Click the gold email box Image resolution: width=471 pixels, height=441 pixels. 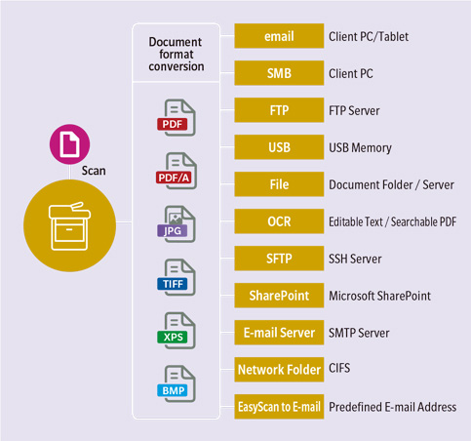pyautogui.click(x=279, y=36)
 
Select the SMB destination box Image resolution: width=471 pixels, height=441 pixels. pyautogui.click(x=279, y=73)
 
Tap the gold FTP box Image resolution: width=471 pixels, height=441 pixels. pyautogui.click(x=279, y=110)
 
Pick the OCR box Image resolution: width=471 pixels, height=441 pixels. pyautogui.click(x=279, y=221)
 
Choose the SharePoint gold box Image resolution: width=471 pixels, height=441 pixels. pyautogui.click(x=279, y=296)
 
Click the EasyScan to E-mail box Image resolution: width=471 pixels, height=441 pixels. pyautogui.click(x=279, y=407)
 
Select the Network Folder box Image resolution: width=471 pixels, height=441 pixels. pyautogui.click(x=279, y=370)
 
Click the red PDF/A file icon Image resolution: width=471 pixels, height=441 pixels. pyautogui.click(x=177, y=171)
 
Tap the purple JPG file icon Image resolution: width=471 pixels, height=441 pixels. pyautogui.click(x=177, y=224)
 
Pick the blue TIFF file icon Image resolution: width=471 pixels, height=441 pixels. pyautogui.click(x=177, y=277)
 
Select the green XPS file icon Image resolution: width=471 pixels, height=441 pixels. pyautogui.click(x=177, y=331)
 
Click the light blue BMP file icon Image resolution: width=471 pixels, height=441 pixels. pyautogui.click(x=177, y=384)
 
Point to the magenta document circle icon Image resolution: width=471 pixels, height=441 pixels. pyautogui.click(x=69, y=144)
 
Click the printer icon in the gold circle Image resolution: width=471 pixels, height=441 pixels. pyautogui.click(x=69, y=226)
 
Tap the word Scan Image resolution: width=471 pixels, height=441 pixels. pyautogui.click(x=94, y=171)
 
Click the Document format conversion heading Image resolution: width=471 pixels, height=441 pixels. pyautogui.click(x=177, y=54)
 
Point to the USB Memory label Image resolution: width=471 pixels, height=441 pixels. pyautogui.click(x=360, y=148)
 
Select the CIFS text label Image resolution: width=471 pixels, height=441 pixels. pyautogui.click(x=339, y=368)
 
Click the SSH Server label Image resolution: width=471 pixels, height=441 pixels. pyautogui.click(x=355, y=259)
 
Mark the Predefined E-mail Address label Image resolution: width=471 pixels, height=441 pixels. pyautogui.click(x=393, y=407)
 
